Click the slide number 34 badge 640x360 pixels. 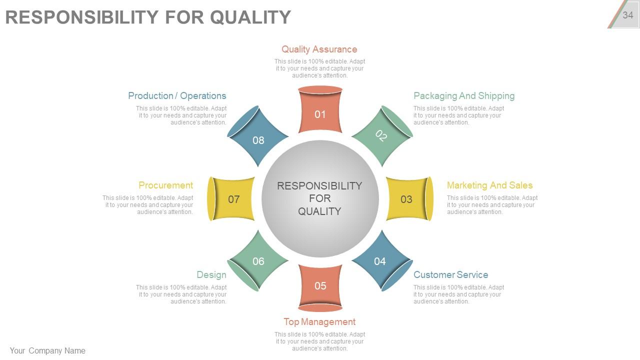pyautogui.click(x=627, y=15)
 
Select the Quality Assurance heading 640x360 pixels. pyautogui.click(x=319, y=49)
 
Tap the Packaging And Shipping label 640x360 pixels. pyautogui.click(x=463, y=95)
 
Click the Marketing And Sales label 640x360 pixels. pyautogui.click(x=489, y=185)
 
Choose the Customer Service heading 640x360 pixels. pyautogui.click(x=450, y=274)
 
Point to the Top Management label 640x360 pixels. pyautogui.click(x=319, y=321)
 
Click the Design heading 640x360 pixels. pyautogui.click(x=211, y=274)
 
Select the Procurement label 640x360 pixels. pyautogui.click(x=165, y=185)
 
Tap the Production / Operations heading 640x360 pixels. pyautogui.click(x=177, y=95)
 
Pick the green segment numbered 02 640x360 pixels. pyautogui.click(x=381, y=136)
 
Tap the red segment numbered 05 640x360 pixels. pyautogui.click(x=320, y=286)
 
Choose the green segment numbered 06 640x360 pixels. pyautogui.click(x=258, y=260)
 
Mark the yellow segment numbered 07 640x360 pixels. pyautogui.click(x=233, y=199)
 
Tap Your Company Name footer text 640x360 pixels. pyautogui.click(x=47, y=350)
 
